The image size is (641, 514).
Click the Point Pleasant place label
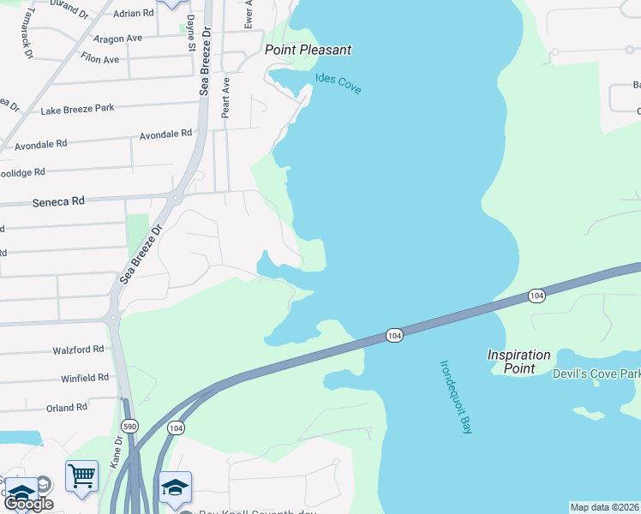pyautogui.click(x=308, y=50)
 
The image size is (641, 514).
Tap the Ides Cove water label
pyautogui.click(x=338, y=84)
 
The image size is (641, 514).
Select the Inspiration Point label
pyautogui.click(x=518, y=362)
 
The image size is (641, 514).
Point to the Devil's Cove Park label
pyautogui.click(x=596, y=374)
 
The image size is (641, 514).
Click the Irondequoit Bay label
pyautogui.click(x=455, y=396)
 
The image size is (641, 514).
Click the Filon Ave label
pyautogui.click(x=99, y=60)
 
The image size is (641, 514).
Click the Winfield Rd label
pyautogui.click(x=85, y=377)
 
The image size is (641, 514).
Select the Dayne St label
pyautogui.click(x=189, y=34)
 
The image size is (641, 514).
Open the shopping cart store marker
pyautogui.click(x=81, y=475)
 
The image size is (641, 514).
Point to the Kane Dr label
pyautogui.click(x=117, y=451)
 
